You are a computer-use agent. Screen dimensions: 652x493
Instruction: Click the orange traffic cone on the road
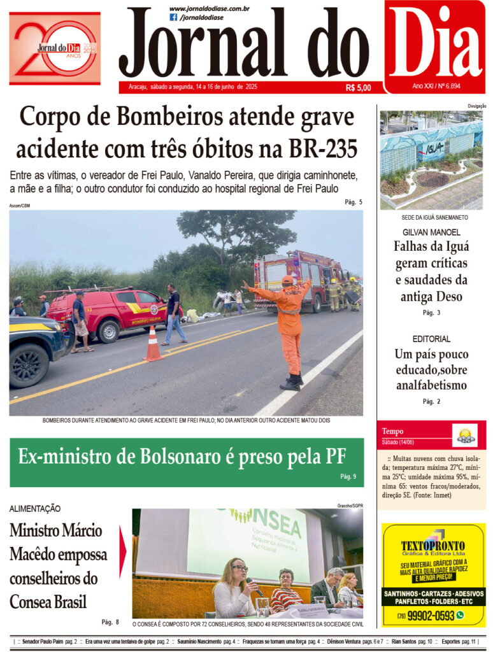[x=153, y=344]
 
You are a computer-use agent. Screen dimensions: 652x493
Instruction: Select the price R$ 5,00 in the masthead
[x=358, y=88]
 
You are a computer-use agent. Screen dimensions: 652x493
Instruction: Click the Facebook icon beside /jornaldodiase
[x=173, y=17]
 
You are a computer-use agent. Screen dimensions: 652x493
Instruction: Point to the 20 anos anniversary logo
[x=55, y=48]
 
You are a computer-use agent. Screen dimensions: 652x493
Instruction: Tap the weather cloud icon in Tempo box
[x=464, y=436]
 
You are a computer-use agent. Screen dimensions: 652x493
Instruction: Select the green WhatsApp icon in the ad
[x=461, y=615]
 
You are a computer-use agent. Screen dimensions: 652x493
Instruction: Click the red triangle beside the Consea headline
[x=122, y=551]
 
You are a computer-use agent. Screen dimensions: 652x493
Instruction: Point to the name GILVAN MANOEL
[x=431, y=232]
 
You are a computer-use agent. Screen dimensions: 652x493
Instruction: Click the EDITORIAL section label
[x=431, y=339]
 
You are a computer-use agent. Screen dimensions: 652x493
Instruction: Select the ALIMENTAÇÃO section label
[x=35, y=508]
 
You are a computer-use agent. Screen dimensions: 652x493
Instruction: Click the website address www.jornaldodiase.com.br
[x=209, y=8]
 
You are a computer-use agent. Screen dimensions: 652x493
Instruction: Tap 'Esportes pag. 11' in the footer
[x=458, y=641]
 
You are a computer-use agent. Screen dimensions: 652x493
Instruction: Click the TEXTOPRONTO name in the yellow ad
[x=432, y=546]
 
